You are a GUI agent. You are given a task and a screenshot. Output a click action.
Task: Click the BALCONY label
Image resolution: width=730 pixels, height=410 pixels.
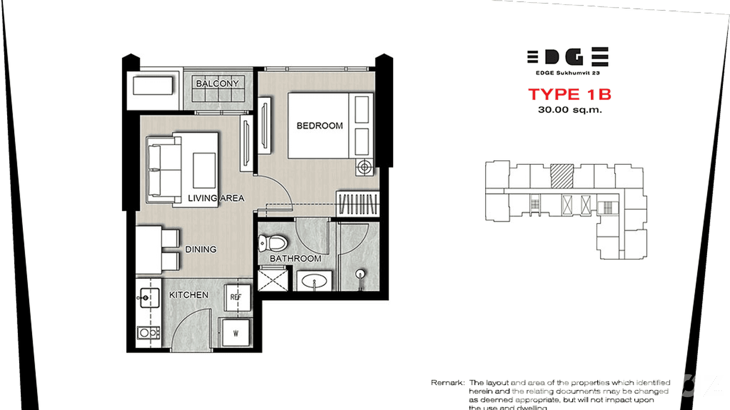pyautogui.click(x=218, y=84)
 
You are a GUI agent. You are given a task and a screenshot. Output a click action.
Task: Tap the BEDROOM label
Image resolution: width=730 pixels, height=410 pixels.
pyautogui.click(x=319, y=126)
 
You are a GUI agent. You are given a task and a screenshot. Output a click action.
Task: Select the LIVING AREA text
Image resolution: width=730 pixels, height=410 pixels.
pyautogui.click(x=215, y=198)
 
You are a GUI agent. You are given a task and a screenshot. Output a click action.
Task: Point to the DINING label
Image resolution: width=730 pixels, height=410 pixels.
pyautogui.click(x=201, y=250)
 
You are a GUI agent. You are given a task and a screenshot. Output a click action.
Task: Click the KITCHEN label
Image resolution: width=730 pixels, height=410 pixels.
pyautogui.click(x=189, y=295)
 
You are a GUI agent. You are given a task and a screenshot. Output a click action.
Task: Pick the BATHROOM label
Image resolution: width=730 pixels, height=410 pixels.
pyautogui.click(x=295, y=259)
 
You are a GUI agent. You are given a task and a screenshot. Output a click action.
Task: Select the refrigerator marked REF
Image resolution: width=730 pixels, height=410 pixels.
pyautogui.click(x=236, y=297)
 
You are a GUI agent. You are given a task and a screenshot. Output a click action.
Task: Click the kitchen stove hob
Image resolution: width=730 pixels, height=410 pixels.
pyautogui.click(x=148, y=331)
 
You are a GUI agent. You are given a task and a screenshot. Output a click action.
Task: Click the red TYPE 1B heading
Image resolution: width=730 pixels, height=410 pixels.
pyautogui.click(x=570, y=94)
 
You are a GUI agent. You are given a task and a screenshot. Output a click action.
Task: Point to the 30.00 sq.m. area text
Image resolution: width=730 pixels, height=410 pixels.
pyautogui.click(x=570, y=109)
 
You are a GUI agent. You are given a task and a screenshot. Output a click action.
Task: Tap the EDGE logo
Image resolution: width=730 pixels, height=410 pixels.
pyautogui.click(x=567, y=57)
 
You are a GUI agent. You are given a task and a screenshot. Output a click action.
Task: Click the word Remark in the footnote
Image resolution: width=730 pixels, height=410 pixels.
pyautogui.click(x=446, y=383)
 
